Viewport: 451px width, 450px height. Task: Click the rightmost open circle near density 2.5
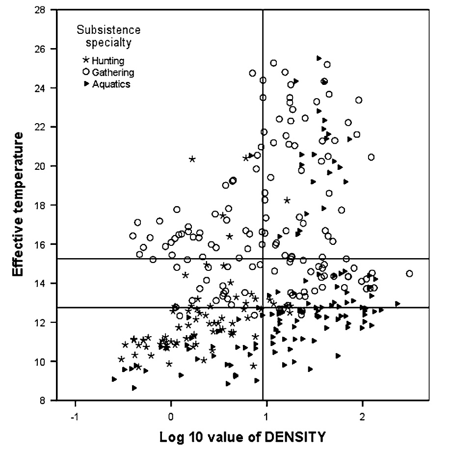point(409,273)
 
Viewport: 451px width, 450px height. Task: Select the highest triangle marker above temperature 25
point(319,58)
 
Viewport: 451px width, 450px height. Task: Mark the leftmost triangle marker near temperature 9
point(114,379)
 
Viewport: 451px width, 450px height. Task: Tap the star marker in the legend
point(86,61)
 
